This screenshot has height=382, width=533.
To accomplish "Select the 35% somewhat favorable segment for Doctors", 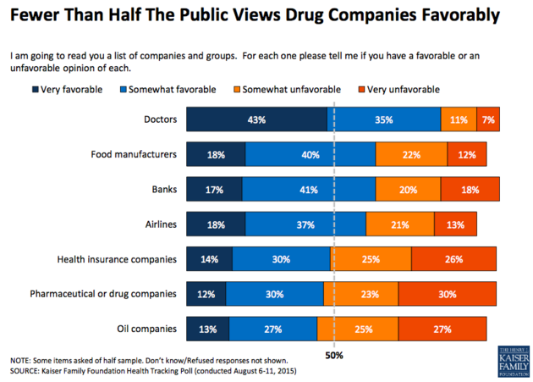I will pos(384,120).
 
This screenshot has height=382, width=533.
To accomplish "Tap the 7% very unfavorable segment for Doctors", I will pos(488,120).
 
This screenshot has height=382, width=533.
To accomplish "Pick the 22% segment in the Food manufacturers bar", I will pos(411,154).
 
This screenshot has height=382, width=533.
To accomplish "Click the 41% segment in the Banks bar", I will pos(308,189).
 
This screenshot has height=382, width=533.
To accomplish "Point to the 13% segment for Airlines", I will pos(455,224).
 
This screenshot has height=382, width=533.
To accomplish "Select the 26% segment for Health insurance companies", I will pos(454,259).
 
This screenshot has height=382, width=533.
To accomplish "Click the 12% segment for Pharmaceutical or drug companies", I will pos(206,294).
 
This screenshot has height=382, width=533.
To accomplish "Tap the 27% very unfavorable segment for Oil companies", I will pos(442,328).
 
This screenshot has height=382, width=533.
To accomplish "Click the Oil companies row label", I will pos(145,328).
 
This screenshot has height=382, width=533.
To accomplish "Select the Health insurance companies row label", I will pos(117,259).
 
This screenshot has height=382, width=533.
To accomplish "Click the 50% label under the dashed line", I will pos(335,355).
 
